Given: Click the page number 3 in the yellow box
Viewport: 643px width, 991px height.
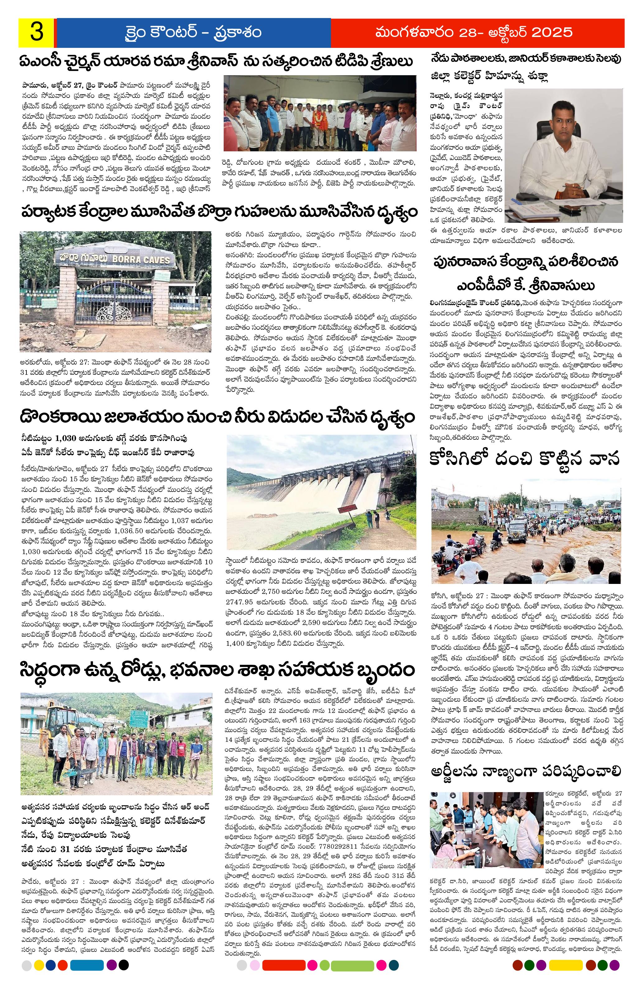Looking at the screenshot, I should pyautogui.click(x=37, y=33).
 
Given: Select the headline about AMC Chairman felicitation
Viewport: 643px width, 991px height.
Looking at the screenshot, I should pyautogui.click(x=217, y=62).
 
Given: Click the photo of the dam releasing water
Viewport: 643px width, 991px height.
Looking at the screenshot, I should pyautogui.click(x=321, y=491).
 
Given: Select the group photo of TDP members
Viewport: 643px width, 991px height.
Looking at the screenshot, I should pyautogui.click(x=319, y=113).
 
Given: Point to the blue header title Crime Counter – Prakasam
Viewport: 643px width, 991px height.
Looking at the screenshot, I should pyautogui.click(x=193, y=33).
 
